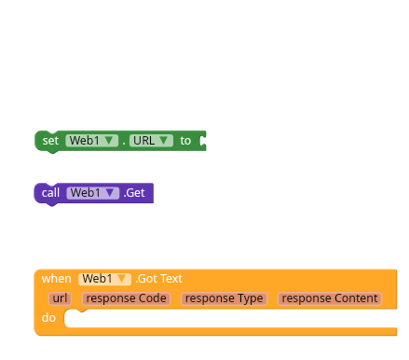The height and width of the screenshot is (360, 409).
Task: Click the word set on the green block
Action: click(50, 141)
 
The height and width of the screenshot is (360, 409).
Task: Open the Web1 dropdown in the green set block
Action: click(90, 141)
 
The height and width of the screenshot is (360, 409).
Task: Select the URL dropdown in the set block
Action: click(151, 141)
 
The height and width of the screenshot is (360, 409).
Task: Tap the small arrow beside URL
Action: click(165, 141)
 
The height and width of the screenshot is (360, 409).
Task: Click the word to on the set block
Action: click(185, 141)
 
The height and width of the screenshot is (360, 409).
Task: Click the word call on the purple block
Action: click(51, 193)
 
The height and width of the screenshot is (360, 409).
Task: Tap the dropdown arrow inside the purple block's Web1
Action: click(111, 193)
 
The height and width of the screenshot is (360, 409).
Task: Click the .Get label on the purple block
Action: click(135, 193)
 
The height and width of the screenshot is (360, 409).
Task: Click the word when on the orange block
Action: click(56, 278)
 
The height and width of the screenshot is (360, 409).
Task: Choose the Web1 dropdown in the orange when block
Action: click(105, 278)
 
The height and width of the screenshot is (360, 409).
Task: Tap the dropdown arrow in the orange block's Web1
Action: click(123, 278)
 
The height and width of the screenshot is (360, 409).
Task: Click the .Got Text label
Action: click(159, 278)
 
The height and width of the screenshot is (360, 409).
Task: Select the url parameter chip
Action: click(60, 298)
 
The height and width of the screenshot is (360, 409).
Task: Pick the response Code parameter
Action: click(126, 298)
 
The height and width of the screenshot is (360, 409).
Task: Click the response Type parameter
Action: click(224, 298)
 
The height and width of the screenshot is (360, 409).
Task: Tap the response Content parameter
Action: click(330, 298)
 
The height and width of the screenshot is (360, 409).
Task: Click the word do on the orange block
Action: click(48, 319)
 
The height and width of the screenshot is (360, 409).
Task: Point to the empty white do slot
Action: click(233, 319)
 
